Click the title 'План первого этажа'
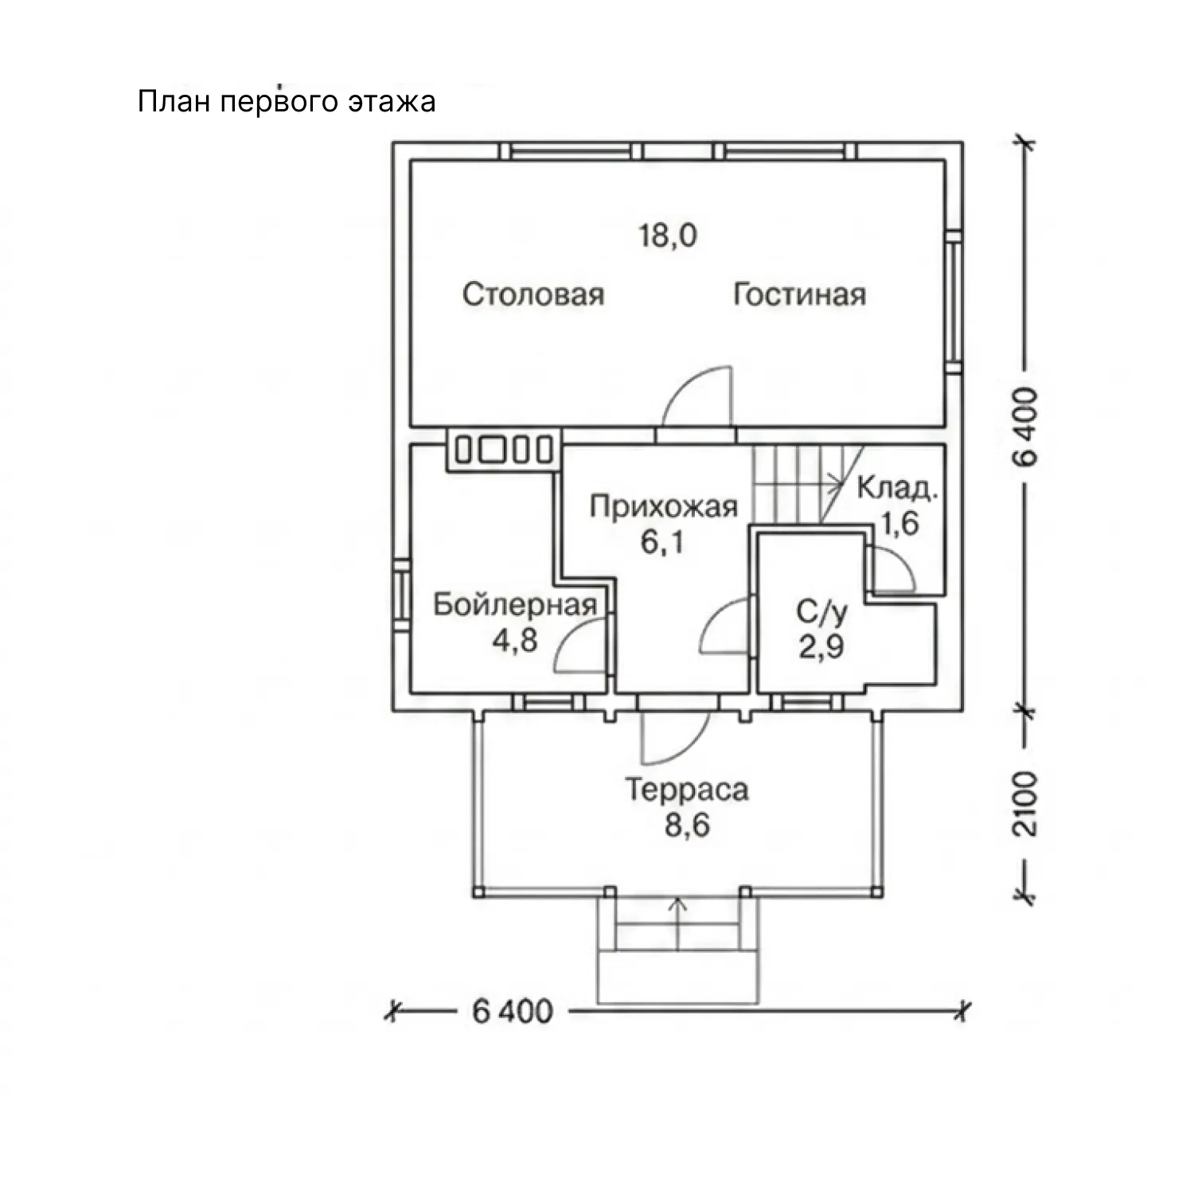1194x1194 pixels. coord(287,103)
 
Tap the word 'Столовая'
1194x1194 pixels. coord(533,295)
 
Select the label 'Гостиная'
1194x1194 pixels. coord(799,295)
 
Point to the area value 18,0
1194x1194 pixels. coord(669,236)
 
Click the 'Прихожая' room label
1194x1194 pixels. coord(664,506)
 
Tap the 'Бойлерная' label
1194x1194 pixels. coord(515,605)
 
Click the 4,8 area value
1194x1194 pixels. coord(515,640)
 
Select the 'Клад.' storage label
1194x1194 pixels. coord(897,488)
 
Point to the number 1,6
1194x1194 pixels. coord(899,524)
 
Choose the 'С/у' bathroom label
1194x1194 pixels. coord(822,613)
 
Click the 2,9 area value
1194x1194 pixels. coord(821,647)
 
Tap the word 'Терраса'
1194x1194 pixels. coord(688,790)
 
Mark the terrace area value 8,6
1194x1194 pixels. coord(688,826)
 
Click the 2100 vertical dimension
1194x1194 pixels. coord(1028,802)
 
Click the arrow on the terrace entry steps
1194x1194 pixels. coord(678,923)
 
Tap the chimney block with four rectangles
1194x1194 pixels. coord(504,451)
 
